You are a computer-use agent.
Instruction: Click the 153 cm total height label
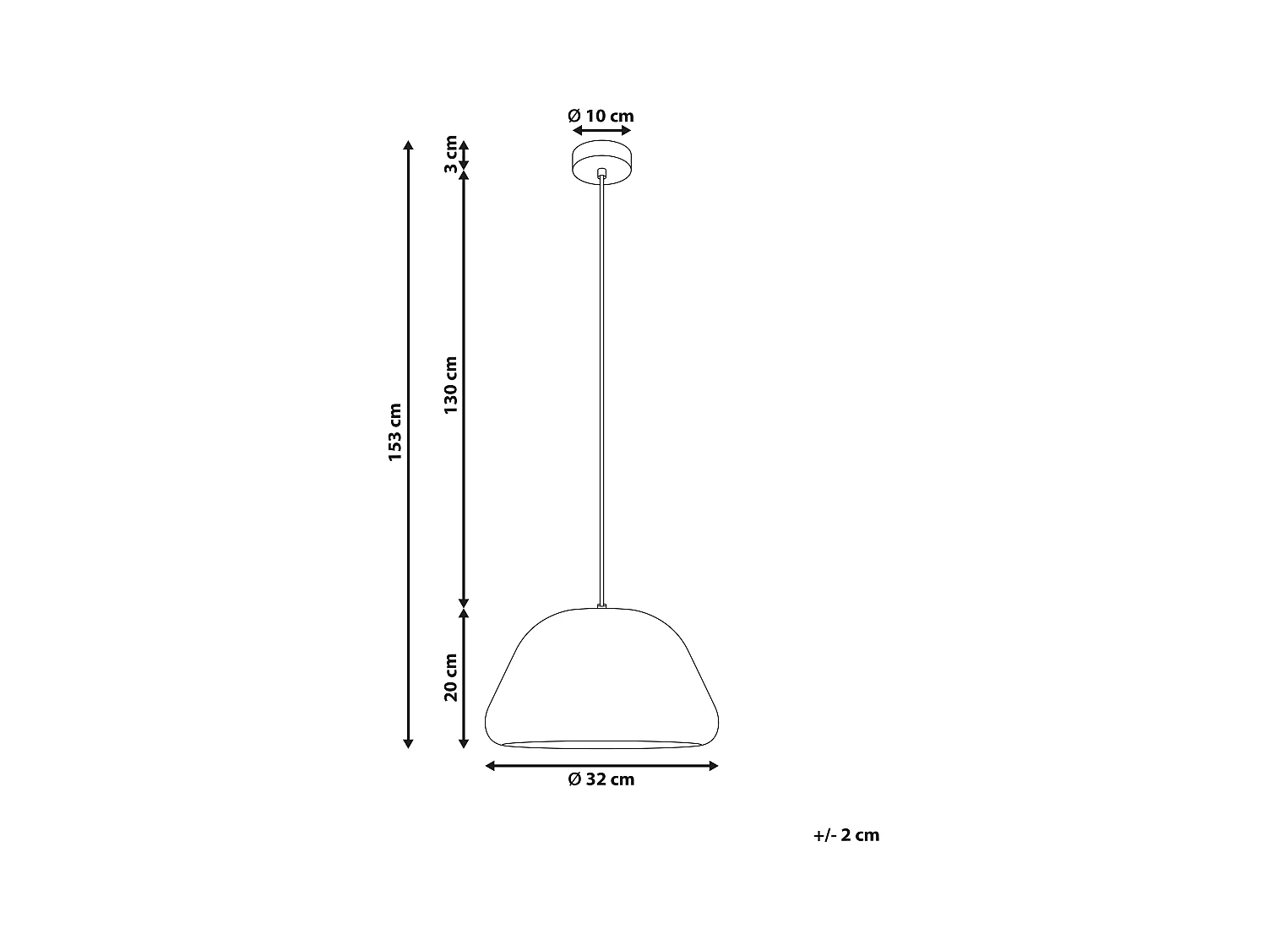pyautogui.click(x=395, y=432)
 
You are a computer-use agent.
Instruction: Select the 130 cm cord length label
pyautogui.click(x=451, y=385)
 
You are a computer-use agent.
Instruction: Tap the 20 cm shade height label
pyautogui.click(x=451, y=677)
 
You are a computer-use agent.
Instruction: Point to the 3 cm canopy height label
pyautogui.click(x=451, y=155)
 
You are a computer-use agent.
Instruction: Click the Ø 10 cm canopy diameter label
pyautogui.click(x=601, y=117)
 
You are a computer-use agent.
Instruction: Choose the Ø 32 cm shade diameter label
pyautogui.click(x=601, y=780)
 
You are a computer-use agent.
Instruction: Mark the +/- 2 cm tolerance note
pyautogui.click(x=846, y=835)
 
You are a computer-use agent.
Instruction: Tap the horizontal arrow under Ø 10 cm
pyautogui.click(x=601, y=131)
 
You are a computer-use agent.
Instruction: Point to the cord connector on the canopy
pyautogui.click(x=601, y=173)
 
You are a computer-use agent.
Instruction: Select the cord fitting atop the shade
pyautogui.click(x=601, y=605)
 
